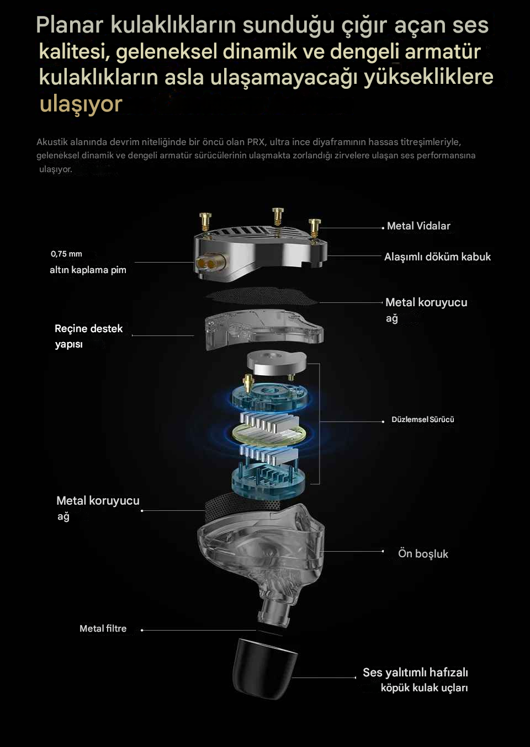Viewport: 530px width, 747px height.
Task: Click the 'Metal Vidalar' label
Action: (x=418, y=226)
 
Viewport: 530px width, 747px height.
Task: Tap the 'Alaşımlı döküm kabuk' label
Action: (x=438, y=257)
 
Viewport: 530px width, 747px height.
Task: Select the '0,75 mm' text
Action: (x=66, y=254)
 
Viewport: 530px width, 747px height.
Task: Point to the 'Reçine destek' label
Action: (x=89, y=329)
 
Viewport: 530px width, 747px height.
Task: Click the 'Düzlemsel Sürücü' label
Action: (x=422, y=419)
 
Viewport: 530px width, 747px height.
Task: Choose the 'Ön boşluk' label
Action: (x=423, y=553)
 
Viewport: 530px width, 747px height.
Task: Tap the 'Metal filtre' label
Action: (x=103, y=628)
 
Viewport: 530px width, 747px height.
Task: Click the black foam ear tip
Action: (x=264, y=668)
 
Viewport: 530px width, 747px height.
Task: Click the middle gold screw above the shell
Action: (x=278, y=216)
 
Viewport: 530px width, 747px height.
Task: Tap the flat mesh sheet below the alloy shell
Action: (x=262, y=296)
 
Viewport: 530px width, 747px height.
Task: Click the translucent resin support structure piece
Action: (x=264, y=329)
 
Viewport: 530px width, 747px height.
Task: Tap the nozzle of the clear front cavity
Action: (x=274, y=612)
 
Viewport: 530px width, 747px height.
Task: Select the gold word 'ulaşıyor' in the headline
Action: (x=81, y=104)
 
